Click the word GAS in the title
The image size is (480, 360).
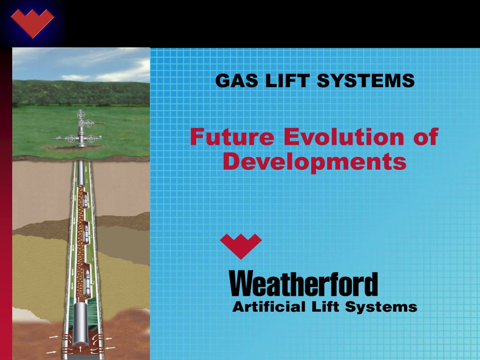[237, 81]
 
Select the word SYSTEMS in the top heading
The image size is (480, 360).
[366, 81]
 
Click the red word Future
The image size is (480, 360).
[232, 137]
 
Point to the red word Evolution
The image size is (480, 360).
[344, 137]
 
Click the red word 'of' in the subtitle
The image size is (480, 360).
[426, 137]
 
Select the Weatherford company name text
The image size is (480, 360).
[303, 284]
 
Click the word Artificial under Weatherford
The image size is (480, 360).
[269, 307]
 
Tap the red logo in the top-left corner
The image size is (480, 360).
[32, 23]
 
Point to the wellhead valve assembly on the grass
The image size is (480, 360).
[80, 128]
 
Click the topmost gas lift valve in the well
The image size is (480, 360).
[85, 199]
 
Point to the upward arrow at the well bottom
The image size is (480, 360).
[80, 348]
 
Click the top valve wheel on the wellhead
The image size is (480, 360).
[81, 114]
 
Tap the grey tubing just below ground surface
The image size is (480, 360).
[81, 173]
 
